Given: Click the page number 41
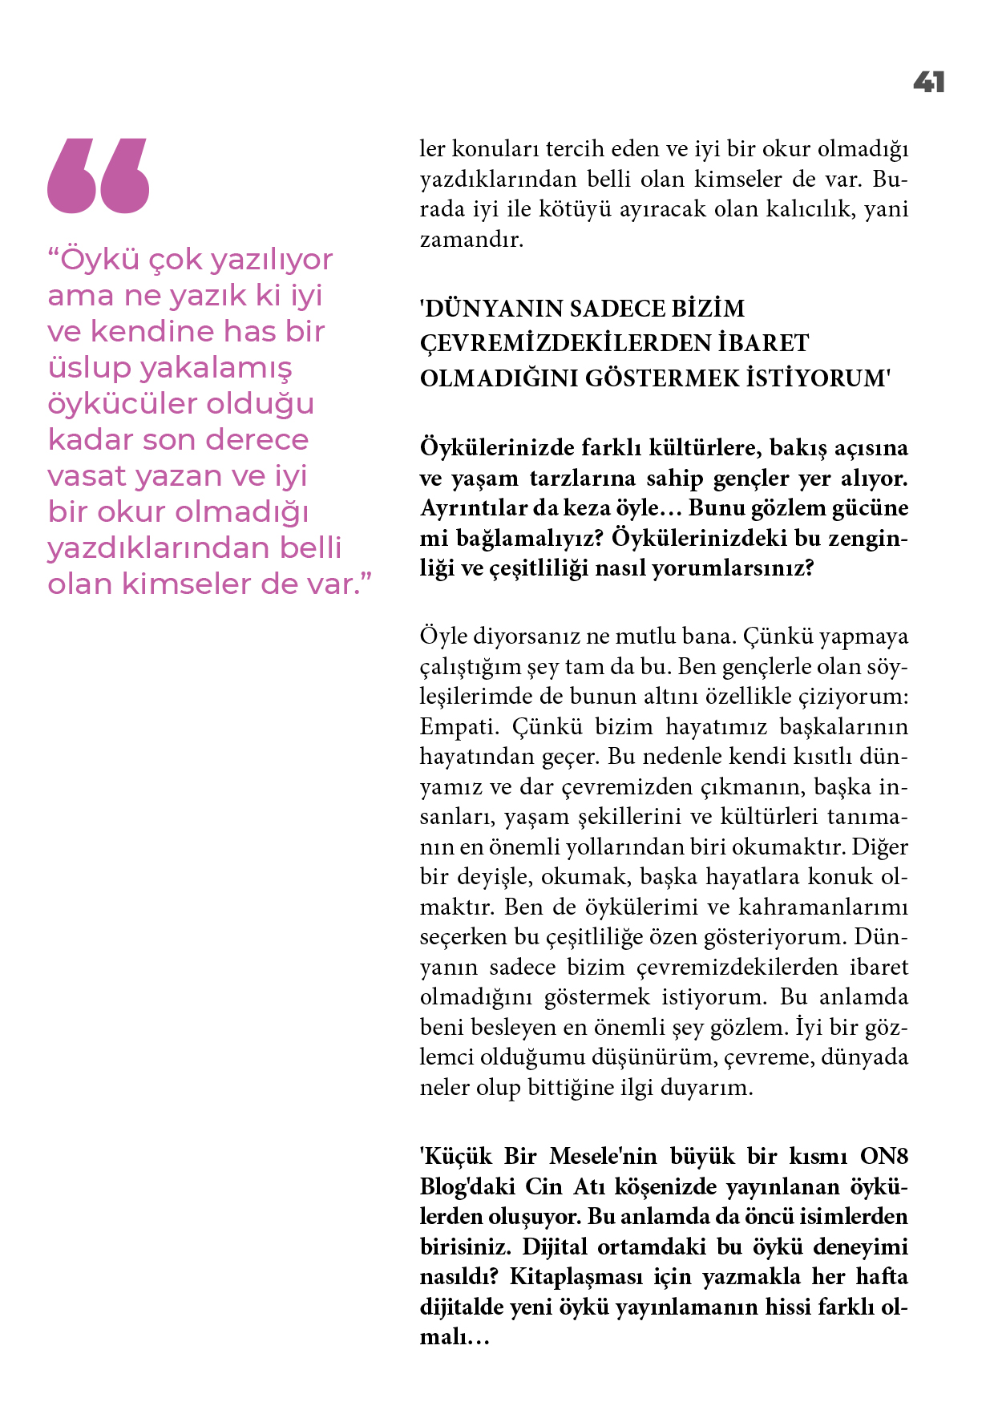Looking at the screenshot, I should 928,82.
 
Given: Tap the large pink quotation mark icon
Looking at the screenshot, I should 99,176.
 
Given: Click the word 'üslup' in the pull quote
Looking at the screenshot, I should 89,368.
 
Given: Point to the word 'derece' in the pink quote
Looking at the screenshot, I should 257,440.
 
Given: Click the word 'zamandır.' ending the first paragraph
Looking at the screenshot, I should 471,240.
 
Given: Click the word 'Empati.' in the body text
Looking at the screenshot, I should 458,727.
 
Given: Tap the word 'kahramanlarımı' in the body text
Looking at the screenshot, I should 822,907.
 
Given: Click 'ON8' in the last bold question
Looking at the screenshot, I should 883,1157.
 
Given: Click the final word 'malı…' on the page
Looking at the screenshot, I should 454,1337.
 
